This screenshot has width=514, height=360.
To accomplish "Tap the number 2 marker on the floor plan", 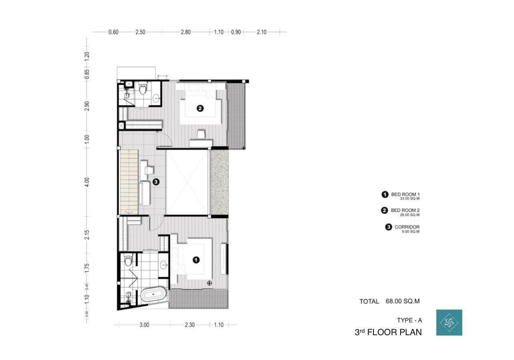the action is (x=200, y=108).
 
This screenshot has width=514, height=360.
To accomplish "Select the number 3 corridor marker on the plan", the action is (x=156, y=182).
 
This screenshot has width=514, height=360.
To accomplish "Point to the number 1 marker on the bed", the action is (x=196, y=260).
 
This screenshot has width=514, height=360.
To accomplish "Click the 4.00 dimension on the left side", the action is (x=87, y=182).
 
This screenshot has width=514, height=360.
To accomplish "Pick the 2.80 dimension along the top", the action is (x=185, y=32).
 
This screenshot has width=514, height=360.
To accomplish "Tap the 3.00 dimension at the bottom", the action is (x=144, y=325).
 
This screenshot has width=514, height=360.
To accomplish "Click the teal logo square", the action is (x=449, y=322).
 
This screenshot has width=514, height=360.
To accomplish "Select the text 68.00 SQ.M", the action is (x=403, y=301).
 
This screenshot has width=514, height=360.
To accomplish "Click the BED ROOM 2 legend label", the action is (x=405, y=210).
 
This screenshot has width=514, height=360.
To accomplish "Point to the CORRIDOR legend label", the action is (x=407, y=227).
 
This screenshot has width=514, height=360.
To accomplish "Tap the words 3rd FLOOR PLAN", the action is (x=388, y=332).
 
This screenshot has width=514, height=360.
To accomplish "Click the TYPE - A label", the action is (x=409, y=320).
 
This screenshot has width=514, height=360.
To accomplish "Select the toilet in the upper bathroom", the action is (x=143, y=89).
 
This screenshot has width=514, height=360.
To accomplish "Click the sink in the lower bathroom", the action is (x=164, y=265).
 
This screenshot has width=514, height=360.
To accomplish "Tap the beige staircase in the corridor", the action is (x=129, y=182).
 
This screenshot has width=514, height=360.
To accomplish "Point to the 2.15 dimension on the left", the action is (x=87, y=235).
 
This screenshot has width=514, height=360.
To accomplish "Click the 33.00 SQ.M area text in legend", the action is (x=409, y=199).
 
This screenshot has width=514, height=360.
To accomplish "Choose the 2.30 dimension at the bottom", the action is (x=190, y=325).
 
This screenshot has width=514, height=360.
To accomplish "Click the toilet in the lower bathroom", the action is (x=128, y=260).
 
